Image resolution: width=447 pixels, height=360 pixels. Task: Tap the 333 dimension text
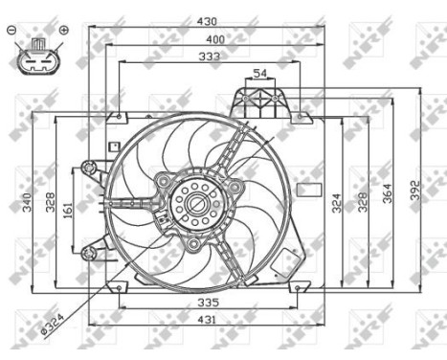[x=208, y=57]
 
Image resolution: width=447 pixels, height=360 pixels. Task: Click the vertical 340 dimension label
[x=28, y=202]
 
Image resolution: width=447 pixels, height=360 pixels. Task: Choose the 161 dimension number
[x=67, y=210]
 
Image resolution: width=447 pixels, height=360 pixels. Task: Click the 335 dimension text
[x=208, y=303]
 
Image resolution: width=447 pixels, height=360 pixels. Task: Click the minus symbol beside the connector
[x=11, y=31]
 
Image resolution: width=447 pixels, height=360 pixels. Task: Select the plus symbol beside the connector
[x=63, y=31]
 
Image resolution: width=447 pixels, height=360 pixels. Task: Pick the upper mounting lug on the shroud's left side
[x=90, y=169]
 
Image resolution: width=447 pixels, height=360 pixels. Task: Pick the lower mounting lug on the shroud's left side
[x=90, y=252]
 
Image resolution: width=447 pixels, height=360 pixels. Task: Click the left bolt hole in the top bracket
[x=245, y=98]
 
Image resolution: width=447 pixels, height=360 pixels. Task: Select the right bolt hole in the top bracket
[x=276, y=98]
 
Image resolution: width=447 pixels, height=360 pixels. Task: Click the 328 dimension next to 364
[x=363, y=202]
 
